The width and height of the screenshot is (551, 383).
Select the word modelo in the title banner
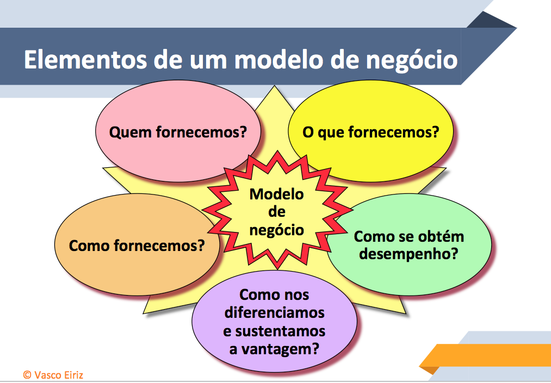point(279,60)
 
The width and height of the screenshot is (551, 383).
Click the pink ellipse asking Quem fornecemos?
point(178,131)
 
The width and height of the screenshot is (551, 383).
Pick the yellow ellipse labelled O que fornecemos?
point(371,131)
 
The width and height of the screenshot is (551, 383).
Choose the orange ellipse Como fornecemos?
point(137,244)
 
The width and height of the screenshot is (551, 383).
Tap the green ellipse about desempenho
point(409,244)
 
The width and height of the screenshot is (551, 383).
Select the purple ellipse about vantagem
point(275,321)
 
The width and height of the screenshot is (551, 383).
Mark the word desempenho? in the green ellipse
point(408,254)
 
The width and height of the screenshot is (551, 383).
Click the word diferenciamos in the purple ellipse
point(275,312)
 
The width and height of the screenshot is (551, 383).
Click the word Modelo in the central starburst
point(276,194)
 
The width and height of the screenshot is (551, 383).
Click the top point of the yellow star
point(275,86)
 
